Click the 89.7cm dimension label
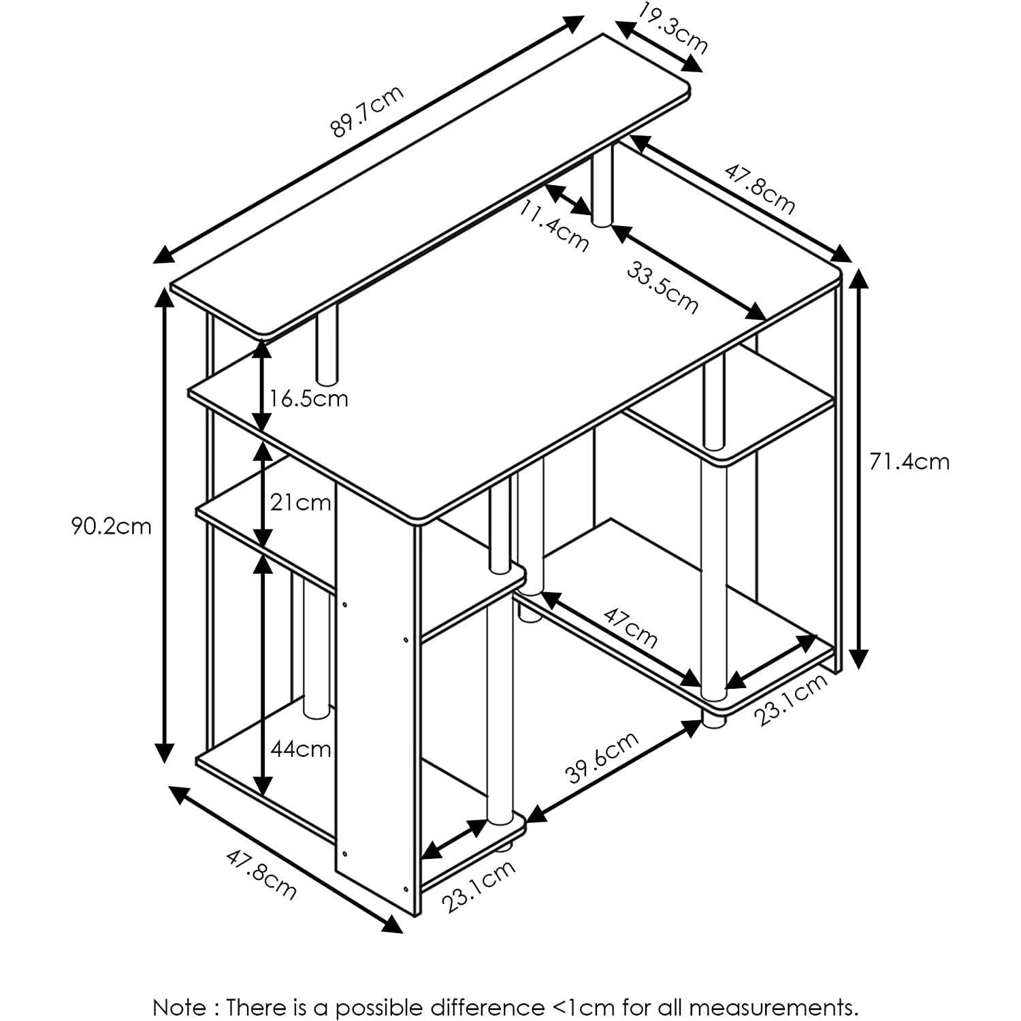pos(367,111)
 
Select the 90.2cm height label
pos(112,526)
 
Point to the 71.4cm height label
pos(909,461)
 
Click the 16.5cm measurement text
pos(308,398)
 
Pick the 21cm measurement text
pos(300,503)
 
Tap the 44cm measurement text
pos(300,749)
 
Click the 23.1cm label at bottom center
pos(479,886)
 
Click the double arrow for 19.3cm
pos(659,46)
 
